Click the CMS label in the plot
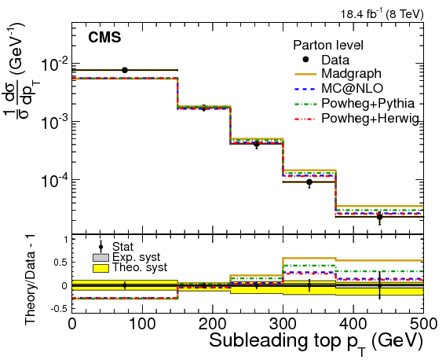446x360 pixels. [104, 38]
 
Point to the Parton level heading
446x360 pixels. [327, 45]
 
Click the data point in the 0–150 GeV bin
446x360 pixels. [124, 70]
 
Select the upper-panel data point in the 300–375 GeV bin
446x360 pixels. [309, 182]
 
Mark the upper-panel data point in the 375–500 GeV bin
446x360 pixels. [379, 216]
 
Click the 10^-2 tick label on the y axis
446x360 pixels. [53, 64]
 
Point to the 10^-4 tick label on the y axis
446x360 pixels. [53, 180]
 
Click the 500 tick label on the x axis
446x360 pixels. [422, 323]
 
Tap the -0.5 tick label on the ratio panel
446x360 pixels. [57, 307]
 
